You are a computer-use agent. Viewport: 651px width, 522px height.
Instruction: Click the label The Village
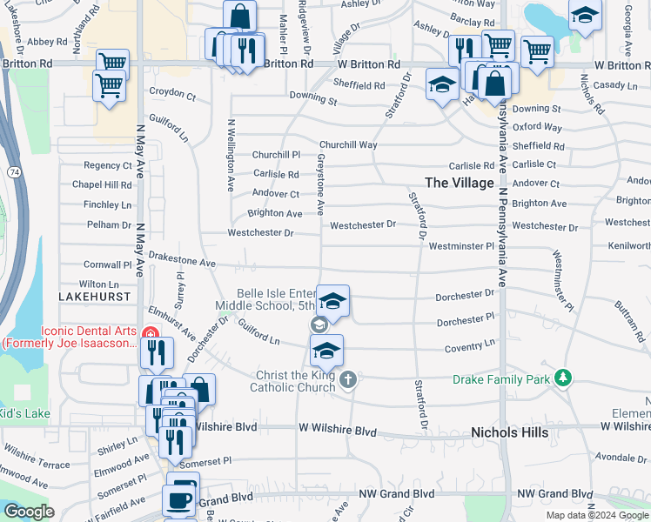459,182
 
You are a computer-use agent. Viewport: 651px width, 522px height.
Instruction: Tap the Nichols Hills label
509,432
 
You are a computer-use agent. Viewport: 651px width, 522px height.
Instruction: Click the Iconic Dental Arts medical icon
150,333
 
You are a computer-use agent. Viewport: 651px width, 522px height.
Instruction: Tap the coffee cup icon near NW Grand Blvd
181,499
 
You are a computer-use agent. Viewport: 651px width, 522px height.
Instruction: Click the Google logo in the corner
29,512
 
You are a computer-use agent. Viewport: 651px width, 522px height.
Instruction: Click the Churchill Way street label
348,145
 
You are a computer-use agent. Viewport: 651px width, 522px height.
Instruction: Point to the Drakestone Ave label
181,261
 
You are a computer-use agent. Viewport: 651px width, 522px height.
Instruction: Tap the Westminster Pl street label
461,246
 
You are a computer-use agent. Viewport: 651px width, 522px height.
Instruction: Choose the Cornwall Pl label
107,264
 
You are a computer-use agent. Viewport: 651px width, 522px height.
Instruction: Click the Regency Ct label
107,165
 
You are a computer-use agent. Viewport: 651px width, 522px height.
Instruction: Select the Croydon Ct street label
172,92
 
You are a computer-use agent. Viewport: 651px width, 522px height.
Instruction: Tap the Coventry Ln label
471,347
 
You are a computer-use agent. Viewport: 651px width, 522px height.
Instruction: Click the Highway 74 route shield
16,173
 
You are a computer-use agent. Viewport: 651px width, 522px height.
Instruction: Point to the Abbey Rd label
47,41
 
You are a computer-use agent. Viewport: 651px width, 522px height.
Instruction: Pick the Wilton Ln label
98,284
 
